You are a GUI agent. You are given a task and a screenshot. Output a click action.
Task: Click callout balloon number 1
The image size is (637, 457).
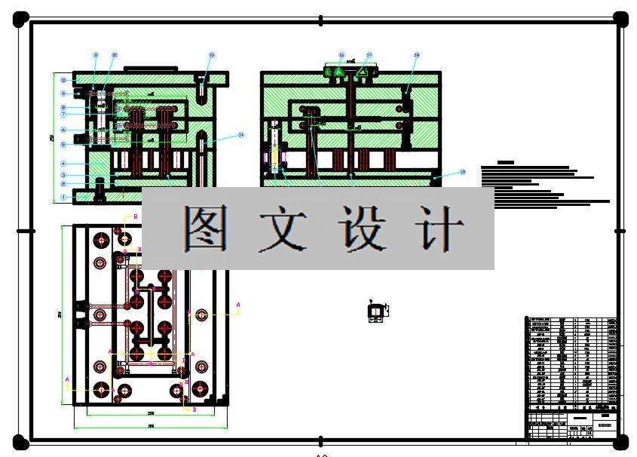pos(64,198)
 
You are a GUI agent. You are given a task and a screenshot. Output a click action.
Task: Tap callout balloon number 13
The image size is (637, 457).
pos(212,55)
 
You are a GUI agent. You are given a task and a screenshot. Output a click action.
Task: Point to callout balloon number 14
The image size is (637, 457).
pos(241,136)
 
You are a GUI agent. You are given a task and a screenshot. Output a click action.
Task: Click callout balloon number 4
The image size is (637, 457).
pos(64,164)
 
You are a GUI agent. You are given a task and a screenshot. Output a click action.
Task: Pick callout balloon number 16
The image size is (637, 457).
pos(341,55)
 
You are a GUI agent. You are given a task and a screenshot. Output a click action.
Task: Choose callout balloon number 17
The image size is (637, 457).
pos(369,55)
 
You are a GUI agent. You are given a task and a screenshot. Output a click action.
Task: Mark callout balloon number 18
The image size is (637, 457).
pos(417,55)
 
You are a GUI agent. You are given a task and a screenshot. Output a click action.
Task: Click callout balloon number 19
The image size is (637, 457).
pos(463,172)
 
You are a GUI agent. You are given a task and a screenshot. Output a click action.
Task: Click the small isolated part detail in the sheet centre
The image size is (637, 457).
pos(375,310)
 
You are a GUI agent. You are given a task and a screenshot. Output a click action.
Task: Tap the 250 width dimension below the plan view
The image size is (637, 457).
pos(151,413)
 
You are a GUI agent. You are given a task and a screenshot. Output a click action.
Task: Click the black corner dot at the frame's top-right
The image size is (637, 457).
pos(620,18)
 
